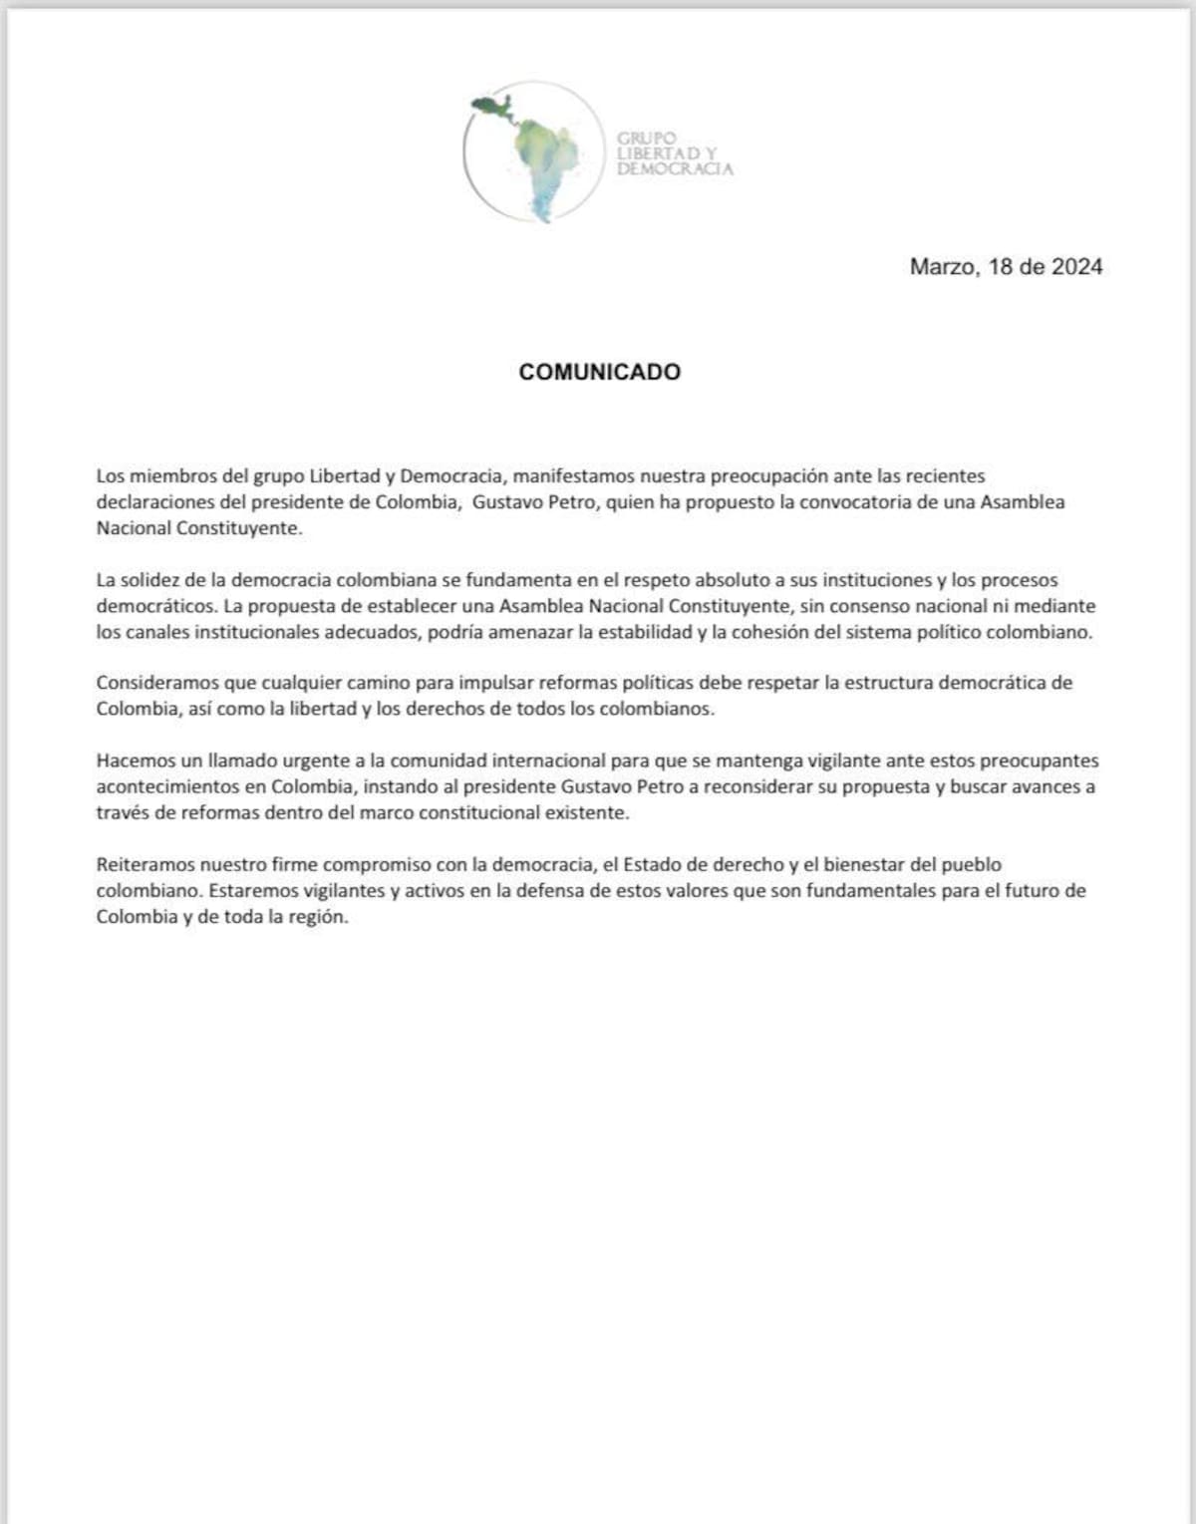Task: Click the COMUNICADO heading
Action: tap(599, 372)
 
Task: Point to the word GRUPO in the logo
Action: tap(646, 138)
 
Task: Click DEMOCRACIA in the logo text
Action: tap(674, 169)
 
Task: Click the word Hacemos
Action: tap(134, 761)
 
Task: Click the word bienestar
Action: tap(864, 864)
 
